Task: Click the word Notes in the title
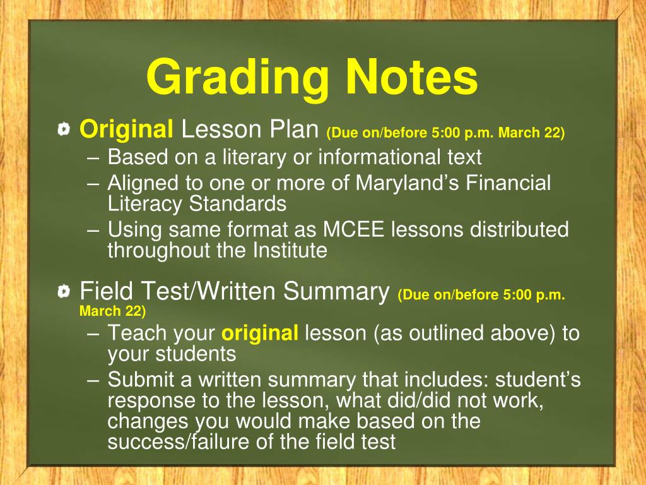(x=411, y=77)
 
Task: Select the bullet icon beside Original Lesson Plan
(x=64, y=131)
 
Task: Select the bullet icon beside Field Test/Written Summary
(x=64, y=292)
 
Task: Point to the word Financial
(x=510, y=183)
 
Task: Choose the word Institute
(x=290, y=250)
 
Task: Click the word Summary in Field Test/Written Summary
(x=336, y=292)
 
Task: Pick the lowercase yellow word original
(x=261, y=333)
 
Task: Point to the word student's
(x=538, y=380)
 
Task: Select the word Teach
(x=135, y=333)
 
